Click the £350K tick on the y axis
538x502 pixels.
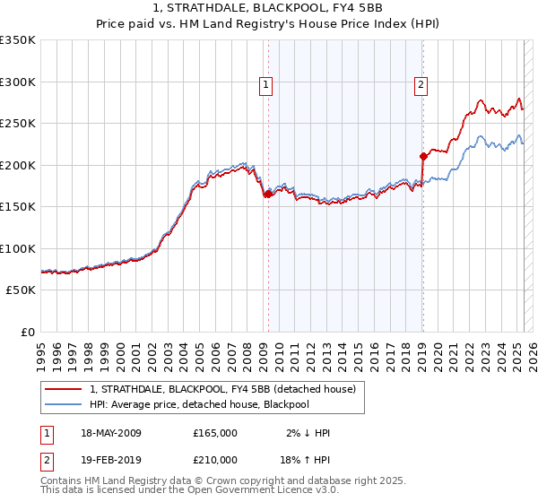coord(18,40)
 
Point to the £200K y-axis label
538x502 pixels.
coord(18,165)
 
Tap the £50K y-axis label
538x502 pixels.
coord(21,290)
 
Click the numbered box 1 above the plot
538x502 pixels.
coord(267,85)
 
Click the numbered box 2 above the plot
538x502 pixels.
coord(421,85)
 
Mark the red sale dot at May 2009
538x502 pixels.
coord(268,194)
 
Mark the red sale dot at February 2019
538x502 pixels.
coord(422,156)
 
